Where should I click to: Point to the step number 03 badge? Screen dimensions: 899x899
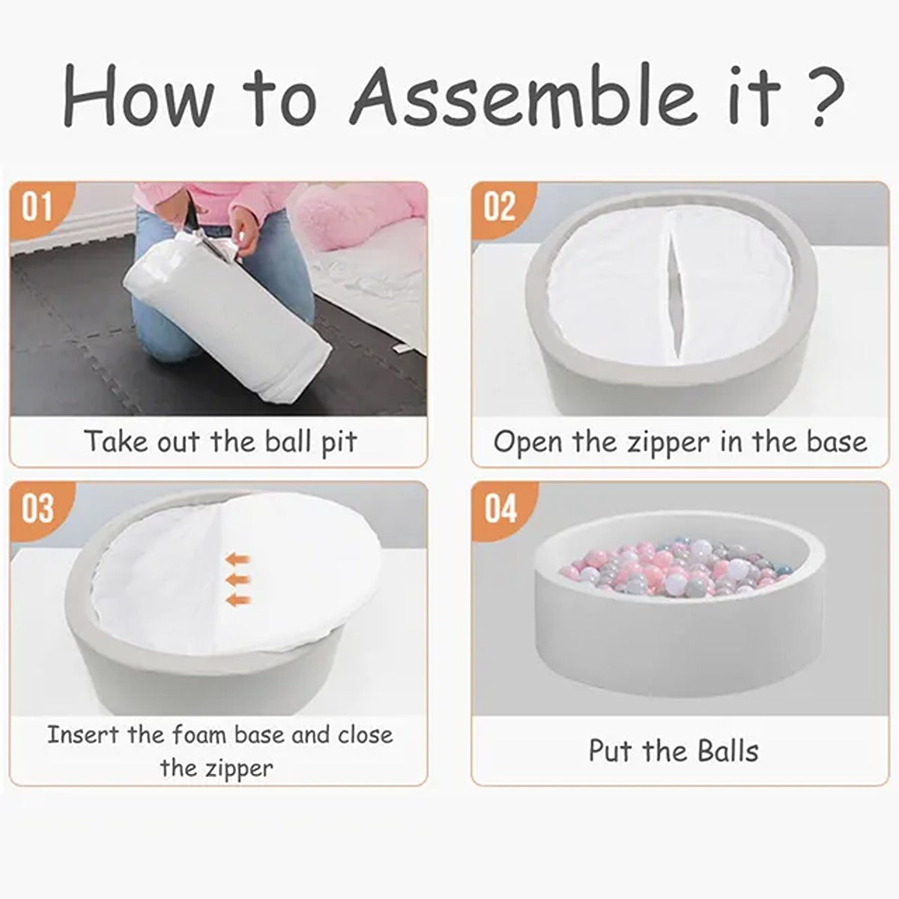coord(37,509)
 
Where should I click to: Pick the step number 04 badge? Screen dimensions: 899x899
coord(500,509)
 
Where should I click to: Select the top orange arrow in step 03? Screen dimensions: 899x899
coord(238,558)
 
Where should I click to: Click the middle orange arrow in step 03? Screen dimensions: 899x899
coord(238,580)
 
